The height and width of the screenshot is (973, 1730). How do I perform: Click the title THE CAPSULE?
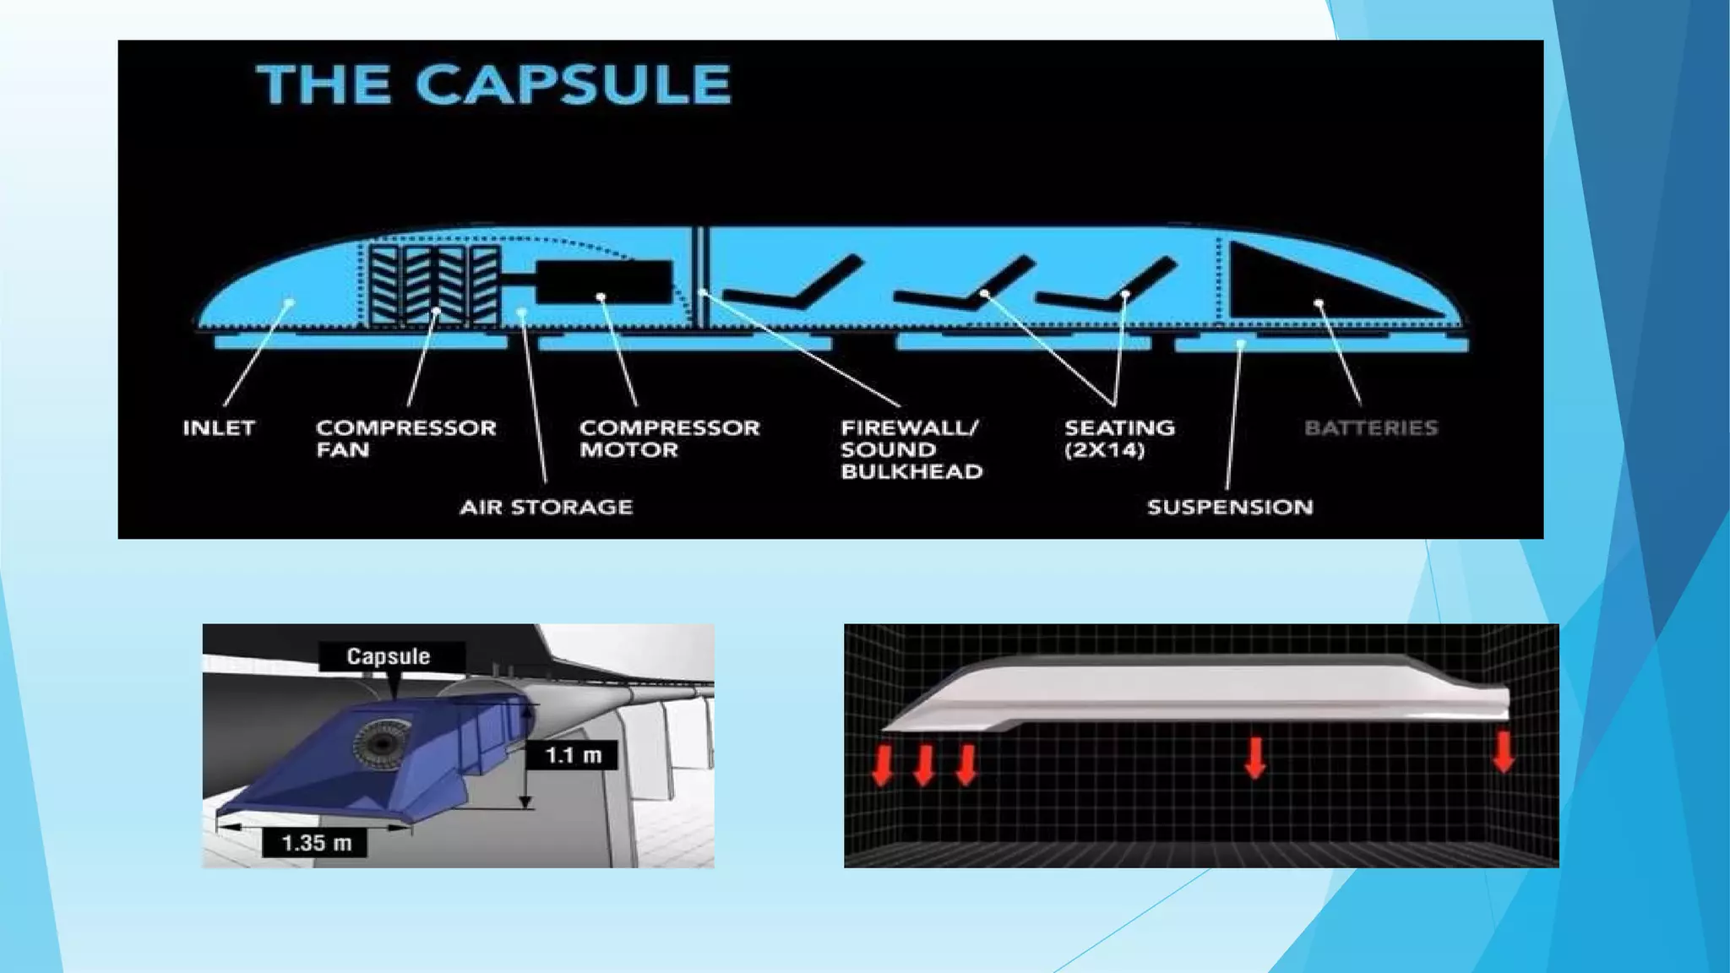(494, 84)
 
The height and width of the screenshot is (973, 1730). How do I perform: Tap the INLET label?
(219, 428)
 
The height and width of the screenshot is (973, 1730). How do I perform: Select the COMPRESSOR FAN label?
(405, 438)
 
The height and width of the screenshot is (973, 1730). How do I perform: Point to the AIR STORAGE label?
(547, 508)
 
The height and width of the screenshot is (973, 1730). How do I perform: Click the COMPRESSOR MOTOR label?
(669, 438)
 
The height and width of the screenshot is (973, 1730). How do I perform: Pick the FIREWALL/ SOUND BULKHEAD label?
(911, 449)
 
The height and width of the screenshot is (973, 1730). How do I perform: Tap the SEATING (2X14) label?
(1119, 438)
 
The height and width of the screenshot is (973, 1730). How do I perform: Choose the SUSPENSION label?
(1230, 508)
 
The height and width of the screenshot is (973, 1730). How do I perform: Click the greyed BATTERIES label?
(1371, 428)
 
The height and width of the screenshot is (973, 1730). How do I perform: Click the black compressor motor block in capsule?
(604, 281)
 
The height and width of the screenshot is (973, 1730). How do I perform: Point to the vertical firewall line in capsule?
(700, 275)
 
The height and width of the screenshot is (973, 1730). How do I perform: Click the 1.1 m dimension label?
(573, 755)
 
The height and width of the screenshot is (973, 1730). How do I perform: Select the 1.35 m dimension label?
(315, 843)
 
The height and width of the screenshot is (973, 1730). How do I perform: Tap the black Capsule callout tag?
(389, 656)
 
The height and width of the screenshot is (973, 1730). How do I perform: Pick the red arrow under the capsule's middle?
(1255, 758)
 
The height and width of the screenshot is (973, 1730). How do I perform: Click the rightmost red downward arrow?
(1504, 752)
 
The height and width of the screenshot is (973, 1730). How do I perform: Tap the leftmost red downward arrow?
(882, 765)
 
